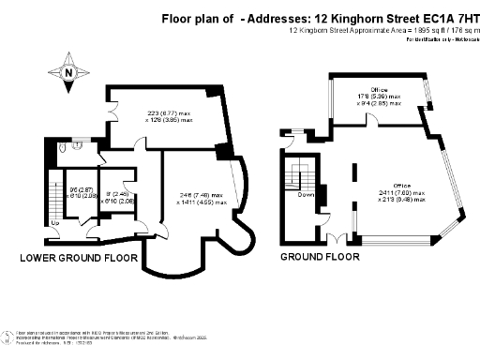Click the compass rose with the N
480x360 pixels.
point(67,72)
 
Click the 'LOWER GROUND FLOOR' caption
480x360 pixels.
point(79,257)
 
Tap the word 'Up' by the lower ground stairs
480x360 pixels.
point(56,222)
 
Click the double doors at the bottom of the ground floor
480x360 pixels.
point(337,234)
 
